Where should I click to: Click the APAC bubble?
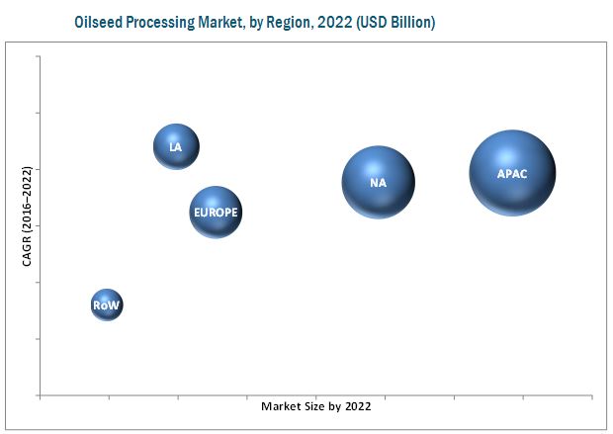512,173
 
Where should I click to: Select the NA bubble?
379,182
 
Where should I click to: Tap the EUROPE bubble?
216,212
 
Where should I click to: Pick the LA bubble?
176,146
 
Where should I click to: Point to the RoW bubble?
106,305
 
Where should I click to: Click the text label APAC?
512,174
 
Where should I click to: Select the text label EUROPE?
216,213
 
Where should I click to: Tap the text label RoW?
106,306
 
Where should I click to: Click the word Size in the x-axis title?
311,406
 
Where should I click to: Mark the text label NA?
379,183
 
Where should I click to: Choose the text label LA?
176,147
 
